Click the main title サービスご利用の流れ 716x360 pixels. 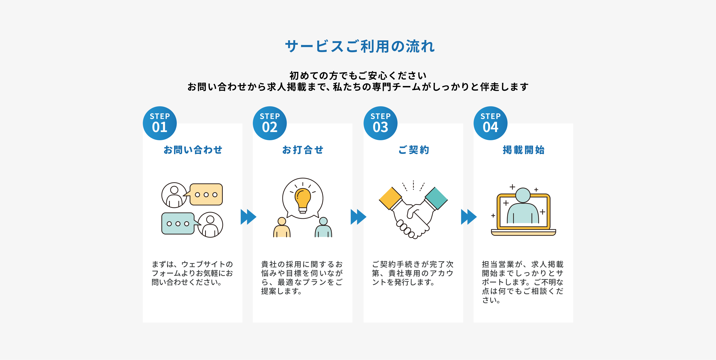pyautogui.click(x=360, y=46)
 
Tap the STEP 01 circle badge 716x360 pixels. pyautogui.click(x=160, y=123)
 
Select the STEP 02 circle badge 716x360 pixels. pyautogui.click(x=269, y=123)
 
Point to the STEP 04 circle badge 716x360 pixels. pyautogui.click(x=490, y=123)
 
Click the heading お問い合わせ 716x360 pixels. pyautogui.click(x=193, y=150)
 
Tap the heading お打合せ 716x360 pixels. pyautogui.click(x=303, y=150)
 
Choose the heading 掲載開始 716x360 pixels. pyautogui.click(x=523, y=150)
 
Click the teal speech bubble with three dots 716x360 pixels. pyautogui.click(x=178, y=224)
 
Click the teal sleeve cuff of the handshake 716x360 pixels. pyautogui.click(x=436, y=198)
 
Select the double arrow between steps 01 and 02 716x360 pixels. pyautogui.click(x=248, y=217)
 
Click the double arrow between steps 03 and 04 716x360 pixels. pyautogui.click(x=469, y=217)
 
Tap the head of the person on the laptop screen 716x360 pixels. pyautogui.click(x=523, y=195)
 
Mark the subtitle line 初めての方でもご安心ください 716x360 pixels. pyautogui.click(x=358, y=75)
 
